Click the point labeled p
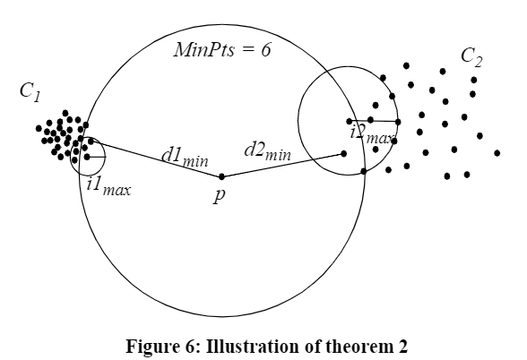coord(221,176)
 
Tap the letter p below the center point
coord(219,195)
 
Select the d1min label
coord(185,158)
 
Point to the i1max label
coord(108,186)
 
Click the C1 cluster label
coord(30,92)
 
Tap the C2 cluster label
coord(471,57)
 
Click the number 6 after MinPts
coord(266,50)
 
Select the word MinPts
coord(204,50)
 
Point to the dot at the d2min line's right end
coord(343,154)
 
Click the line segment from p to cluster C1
coord(156,159)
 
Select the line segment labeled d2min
coord(282,165)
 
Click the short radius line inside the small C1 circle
coord(97,157)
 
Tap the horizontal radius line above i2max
coord(374,121)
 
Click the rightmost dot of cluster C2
coord(497,153)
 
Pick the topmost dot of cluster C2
coord(406,65)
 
